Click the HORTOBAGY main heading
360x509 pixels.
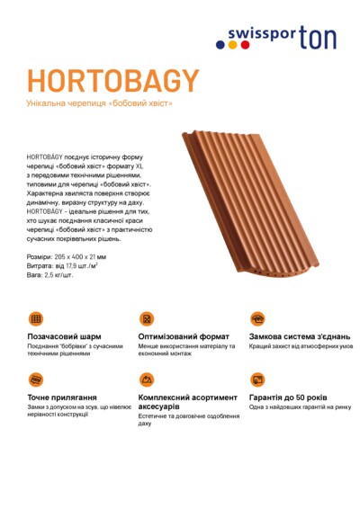pos(112,81)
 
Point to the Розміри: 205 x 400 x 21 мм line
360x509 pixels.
pos(67,257)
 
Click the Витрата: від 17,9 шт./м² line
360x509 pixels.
pos(62,266)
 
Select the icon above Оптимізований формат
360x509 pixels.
pos(146,319)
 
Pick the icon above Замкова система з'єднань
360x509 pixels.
pos(257,319)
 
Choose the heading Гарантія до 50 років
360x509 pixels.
pos(288,397)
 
